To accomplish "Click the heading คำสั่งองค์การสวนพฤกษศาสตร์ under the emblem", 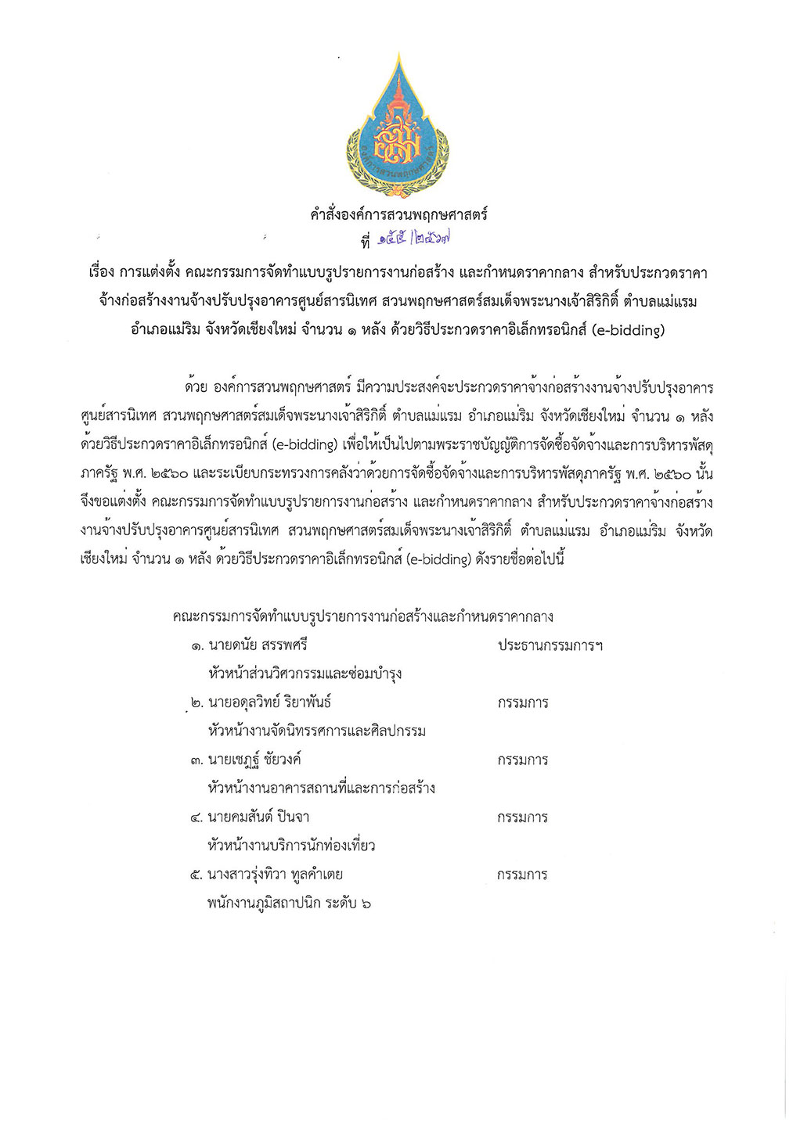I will click(x=398, y=214).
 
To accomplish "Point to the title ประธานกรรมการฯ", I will click(x=550, y=645).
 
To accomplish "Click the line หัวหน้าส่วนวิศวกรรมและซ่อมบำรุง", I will click(x=305, y=674).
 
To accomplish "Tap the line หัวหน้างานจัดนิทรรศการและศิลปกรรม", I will click(x=316, y=731).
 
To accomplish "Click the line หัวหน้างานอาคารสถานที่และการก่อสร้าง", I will click(x=321, y=789).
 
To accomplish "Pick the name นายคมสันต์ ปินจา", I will click(x=258, y=817).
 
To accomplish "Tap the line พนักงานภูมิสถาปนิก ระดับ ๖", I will click(x=289, y=904).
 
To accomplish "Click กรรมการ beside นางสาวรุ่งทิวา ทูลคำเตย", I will click(x=522, y=875).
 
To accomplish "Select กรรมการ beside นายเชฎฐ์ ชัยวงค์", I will click(x=522, y=760).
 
